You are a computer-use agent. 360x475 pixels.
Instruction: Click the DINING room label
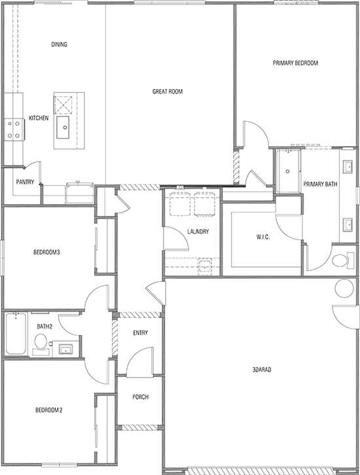point(60,45)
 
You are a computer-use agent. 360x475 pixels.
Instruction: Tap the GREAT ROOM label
point(167,92)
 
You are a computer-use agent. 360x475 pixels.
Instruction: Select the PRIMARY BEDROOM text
point(295,63)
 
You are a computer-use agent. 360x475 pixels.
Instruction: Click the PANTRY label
point(25,183)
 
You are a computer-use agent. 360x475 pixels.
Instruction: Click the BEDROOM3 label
point(46,252)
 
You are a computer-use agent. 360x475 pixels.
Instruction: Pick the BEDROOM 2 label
point(48,411)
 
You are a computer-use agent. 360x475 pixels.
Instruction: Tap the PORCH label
point(140,396)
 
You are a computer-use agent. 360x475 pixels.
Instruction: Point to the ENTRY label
point(140,333)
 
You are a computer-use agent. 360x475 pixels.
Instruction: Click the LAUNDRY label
point(197,232)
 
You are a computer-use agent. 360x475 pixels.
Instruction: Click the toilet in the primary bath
point(341,260)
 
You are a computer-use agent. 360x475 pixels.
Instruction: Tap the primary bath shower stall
point(288,171)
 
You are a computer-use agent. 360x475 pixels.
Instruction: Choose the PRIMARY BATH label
point(320,185)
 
